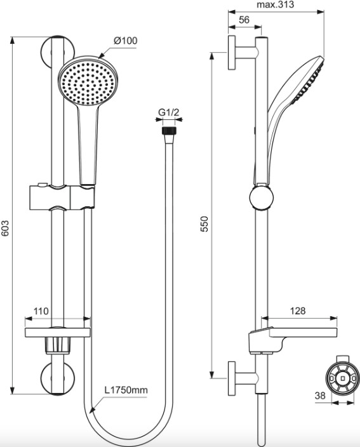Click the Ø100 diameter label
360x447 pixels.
125,41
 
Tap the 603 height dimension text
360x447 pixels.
6,228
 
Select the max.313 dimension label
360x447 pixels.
276,4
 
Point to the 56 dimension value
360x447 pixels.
244,20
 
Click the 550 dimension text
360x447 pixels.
204,223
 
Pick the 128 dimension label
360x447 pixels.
298,310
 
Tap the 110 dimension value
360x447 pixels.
41,310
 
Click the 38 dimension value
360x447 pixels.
320,396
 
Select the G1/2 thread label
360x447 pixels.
169,112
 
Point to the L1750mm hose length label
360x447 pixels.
126,390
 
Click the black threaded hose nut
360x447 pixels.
170,131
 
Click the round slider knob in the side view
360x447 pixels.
262,197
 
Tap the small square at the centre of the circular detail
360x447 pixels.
343,378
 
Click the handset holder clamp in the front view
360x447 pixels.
62,197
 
